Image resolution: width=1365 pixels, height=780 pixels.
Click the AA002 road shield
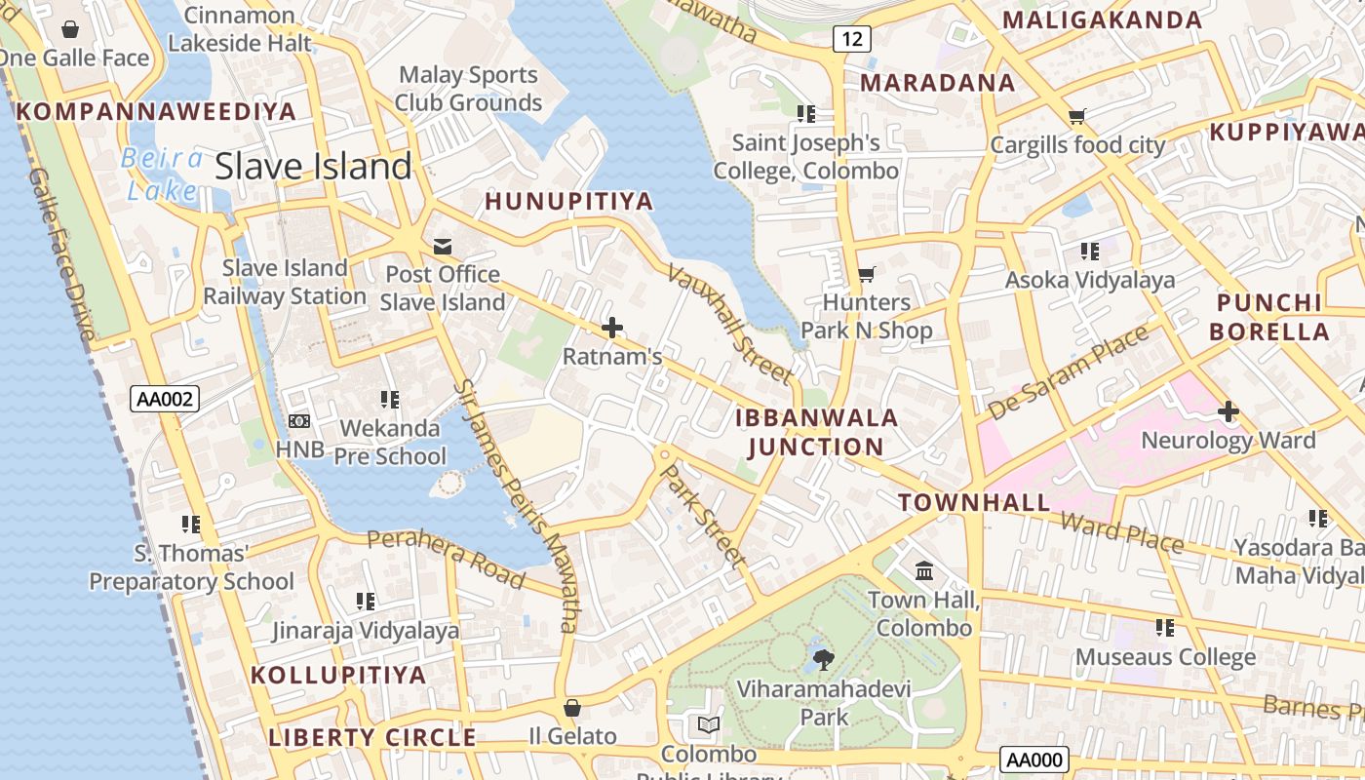pyautogui.click(x=164, y=398)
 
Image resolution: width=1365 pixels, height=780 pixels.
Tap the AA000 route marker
pyautogui.click(x=1034, y=760)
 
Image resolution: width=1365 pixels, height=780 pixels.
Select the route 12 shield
pyautogui.click(x=851, y=39)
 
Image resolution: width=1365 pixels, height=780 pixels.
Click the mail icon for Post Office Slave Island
pyautogui.click(x=443, y=246)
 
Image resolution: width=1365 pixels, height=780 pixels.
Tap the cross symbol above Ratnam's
pyautogui.click(x=612, y=328)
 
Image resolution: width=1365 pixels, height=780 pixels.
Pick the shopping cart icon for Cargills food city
pyautogui.click(x=1077, y=117)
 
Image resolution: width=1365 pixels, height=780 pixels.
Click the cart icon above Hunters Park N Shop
pyautogui.click(x=866, y=275)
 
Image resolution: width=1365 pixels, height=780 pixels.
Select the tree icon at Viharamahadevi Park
pyautogui.click(x=824, y=660)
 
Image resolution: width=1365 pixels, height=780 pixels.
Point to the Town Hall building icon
pyautogui.click(x=924, y=569)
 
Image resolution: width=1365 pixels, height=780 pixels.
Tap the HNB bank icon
pyautogui.click(x=299, y=420)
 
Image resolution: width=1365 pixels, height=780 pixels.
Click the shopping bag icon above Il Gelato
pyautogui.click(x=572, y=708)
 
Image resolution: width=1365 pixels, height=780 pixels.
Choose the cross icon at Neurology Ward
pyautogui.click(x=1228, y=411)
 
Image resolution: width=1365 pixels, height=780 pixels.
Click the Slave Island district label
pyautogui.click(x=313, y=167)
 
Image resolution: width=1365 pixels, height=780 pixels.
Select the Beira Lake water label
pyautogui.click(x=163, y=174)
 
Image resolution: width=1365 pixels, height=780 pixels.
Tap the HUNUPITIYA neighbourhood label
pyautogui.click(x=568, y=202)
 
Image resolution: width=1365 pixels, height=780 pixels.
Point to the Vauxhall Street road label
pyautogui.click(x=729, y=323)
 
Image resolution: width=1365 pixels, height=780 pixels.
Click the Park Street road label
pyautogui.click(x=703, y=516)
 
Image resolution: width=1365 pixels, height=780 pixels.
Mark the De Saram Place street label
pyautogui.click(x=1068, y=373)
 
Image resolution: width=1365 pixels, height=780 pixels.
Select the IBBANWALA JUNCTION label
pyautogui.click(x=815, y=433)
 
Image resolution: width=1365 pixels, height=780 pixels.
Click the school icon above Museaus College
pyautogui.click(x=1164, y=627)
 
